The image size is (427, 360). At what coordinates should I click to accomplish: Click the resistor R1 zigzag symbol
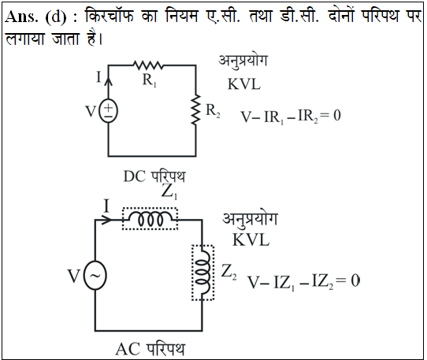[148, 65]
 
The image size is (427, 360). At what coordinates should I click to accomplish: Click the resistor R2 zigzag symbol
[196, 109]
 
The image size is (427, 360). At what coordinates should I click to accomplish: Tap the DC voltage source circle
[108, 111]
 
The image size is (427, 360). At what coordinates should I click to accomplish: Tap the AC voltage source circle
[95, 275]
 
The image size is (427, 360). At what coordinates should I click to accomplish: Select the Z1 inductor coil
[150, 219]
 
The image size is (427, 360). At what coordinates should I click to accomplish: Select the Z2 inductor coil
[203, 273]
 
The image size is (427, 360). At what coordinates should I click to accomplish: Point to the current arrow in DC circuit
[108, 82]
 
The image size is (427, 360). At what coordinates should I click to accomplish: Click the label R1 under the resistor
[150, 80]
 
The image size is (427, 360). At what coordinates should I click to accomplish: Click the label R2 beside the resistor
[213, 111]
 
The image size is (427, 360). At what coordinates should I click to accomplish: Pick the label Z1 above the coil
[169, 191]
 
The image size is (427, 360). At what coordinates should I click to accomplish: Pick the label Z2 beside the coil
[228, 272]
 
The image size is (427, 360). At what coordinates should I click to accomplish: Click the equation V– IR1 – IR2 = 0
[291, 117]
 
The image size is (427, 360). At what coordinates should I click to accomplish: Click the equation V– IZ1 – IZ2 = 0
[303, 282]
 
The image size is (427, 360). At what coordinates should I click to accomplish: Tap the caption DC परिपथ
[154, 176]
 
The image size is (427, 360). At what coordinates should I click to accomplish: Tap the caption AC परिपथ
[150, 349]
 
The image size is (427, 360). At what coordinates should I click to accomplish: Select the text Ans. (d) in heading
[35, 17]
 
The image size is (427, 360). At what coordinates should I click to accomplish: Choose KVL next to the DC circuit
[244, 84]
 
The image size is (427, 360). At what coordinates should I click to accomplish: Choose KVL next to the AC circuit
[251, 240]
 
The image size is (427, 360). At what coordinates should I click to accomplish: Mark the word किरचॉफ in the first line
[110, 16]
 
